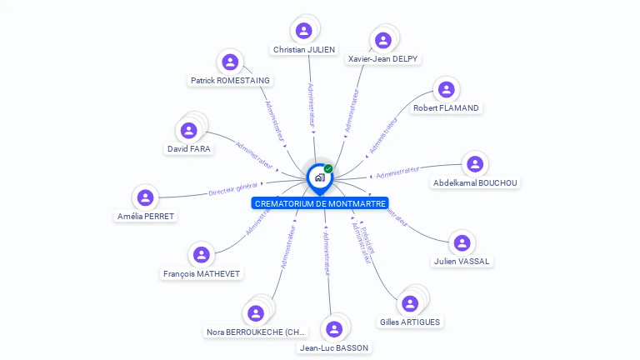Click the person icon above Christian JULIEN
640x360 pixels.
point(304,31)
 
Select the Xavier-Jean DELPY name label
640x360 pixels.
point(382,58)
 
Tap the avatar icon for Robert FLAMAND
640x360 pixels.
point(447,89)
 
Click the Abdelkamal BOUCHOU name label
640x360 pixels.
point(475,182)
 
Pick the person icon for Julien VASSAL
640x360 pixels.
point(461,242)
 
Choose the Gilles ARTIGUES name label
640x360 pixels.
point(410,322)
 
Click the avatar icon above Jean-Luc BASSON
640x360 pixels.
point(334,328)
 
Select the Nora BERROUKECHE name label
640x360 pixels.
point(257,332)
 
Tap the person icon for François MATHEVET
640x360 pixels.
point(201,255)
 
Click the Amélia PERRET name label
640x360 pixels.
point(147,216)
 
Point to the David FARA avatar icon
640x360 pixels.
point(189,131)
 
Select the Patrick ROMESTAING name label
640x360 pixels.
point(230,80)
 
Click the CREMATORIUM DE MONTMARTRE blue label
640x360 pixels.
point(320,203)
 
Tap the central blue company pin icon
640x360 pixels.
point(318,177)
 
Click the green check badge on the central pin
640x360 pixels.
point(328,168)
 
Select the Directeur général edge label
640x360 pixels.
point(233,189)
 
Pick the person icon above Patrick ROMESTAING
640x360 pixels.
point(230,62)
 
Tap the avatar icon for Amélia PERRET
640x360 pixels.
point(146,197)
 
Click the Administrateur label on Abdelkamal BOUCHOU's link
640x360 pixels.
point(397,172)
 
